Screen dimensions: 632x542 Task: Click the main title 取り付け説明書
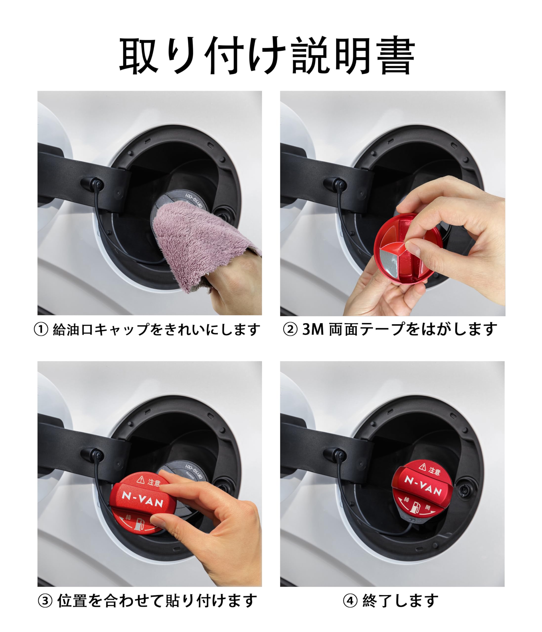(x=267, y=56)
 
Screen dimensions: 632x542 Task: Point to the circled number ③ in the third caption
(x=45, y=601)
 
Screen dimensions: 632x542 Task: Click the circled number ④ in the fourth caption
(x=350, y=601)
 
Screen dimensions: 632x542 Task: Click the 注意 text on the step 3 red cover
(x=154, y=483)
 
